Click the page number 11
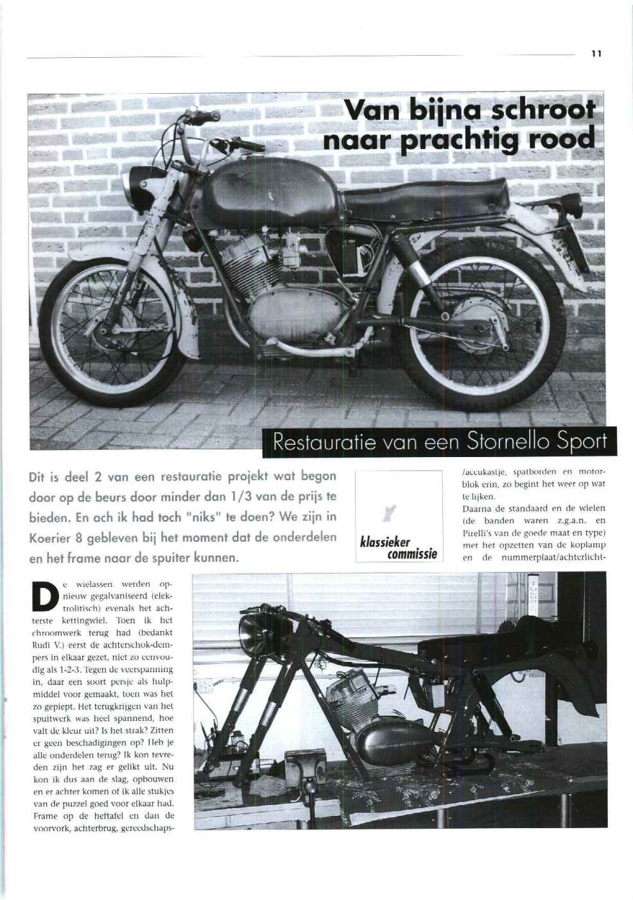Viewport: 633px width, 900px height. click(x=596, y=54)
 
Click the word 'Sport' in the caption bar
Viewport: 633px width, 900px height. click(x=582, y=442)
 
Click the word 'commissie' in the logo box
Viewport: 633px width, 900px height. click(x=412, y=554)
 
